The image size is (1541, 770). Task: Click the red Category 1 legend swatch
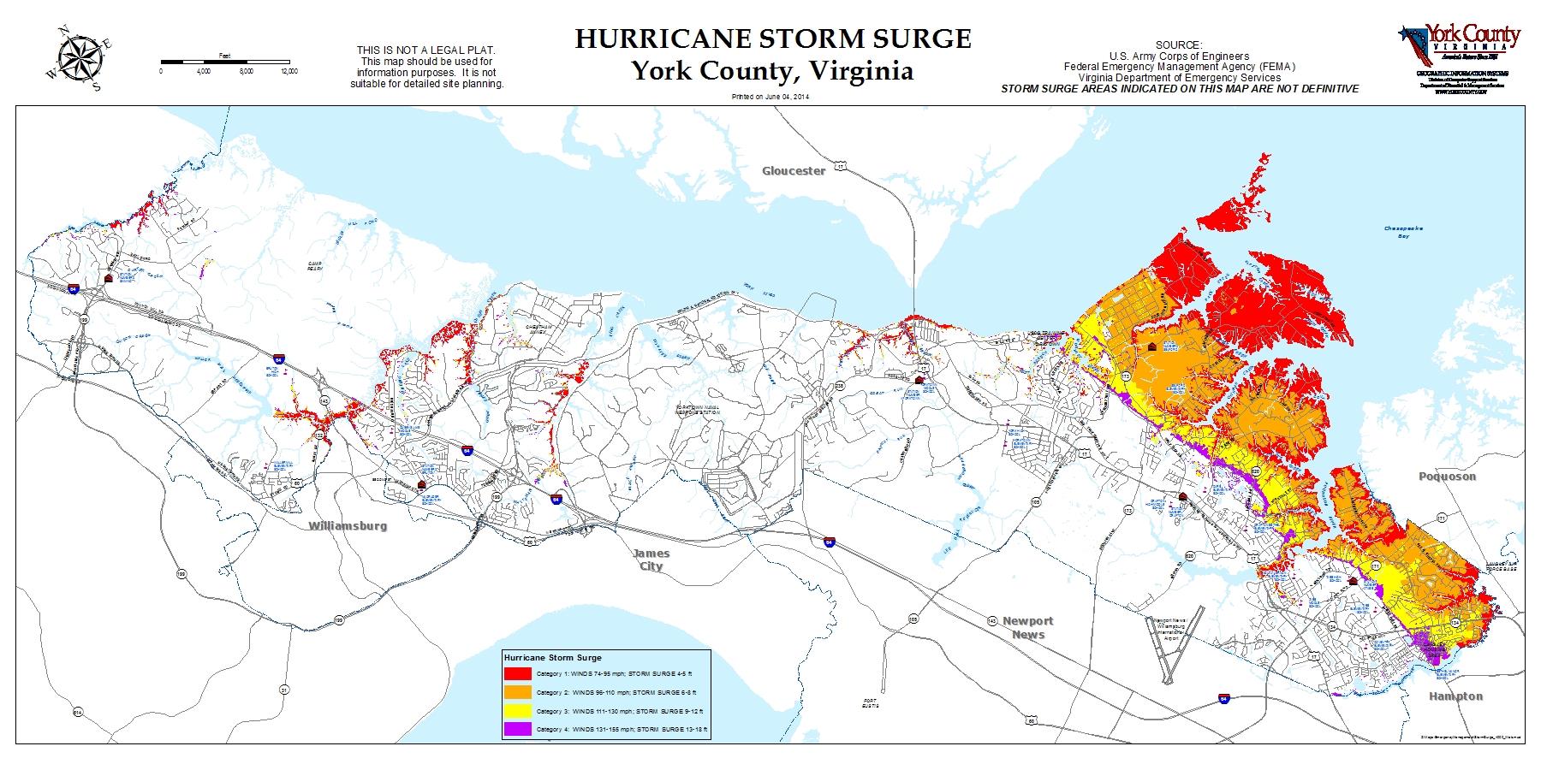(x=517, y=673)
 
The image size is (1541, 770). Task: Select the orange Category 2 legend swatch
(x=517, y=692)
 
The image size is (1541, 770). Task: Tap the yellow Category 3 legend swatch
(x=517, y=711)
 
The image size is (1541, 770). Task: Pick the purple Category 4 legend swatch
(x=517, y=730)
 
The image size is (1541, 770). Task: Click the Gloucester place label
(x=794, y=170)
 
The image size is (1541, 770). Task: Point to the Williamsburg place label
(x=348, y=525)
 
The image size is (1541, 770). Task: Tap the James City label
(x=652, y=560)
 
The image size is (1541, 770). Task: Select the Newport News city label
(x=1027, y=627)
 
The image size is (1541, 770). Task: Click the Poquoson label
(x=1447, y=476)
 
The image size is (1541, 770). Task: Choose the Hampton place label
(x=1455, y=696)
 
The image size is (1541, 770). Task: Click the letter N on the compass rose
(x=62, y=32)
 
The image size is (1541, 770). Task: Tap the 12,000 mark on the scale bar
(x=289, y=72)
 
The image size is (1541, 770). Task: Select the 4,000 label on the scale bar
(x=204, y=72)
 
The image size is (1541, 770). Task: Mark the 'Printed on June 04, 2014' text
(x=770, y=97)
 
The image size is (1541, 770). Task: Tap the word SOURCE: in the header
(x=1179, y=44)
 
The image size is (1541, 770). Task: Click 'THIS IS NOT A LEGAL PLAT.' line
(x=425, y=50)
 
